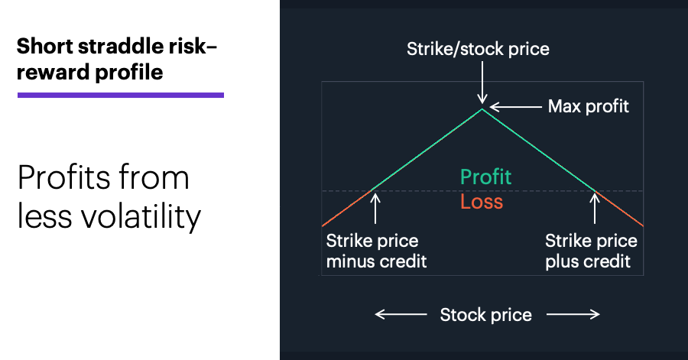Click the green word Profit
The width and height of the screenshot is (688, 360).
coord(485,177)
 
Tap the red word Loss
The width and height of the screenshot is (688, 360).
coord(482,202)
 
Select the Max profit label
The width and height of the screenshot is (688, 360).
coord(589,106)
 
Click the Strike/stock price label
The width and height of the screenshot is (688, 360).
coord(478,49)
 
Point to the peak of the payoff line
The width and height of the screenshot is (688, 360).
coord(482,109)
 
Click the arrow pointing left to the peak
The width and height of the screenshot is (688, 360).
coord(515,106)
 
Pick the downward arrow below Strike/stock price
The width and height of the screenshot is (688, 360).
coord(482,83)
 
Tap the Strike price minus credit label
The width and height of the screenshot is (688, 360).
coord(376,251)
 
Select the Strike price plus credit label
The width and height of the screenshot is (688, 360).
coord(591,251)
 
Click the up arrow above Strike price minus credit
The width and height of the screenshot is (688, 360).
coord(375,209)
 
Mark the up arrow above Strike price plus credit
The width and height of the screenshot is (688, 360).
coord(595,209)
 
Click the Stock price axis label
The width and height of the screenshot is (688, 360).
coord(485,315)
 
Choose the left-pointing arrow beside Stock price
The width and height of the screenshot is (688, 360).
coord(401,314)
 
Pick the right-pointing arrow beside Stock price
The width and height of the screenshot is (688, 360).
coord(573,314)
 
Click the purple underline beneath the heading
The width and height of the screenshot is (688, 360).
coord(121,95)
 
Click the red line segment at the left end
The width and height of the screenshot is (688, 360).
coord(346,209)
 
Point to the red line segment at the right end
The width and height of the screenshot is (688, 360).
coord(619,209)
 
